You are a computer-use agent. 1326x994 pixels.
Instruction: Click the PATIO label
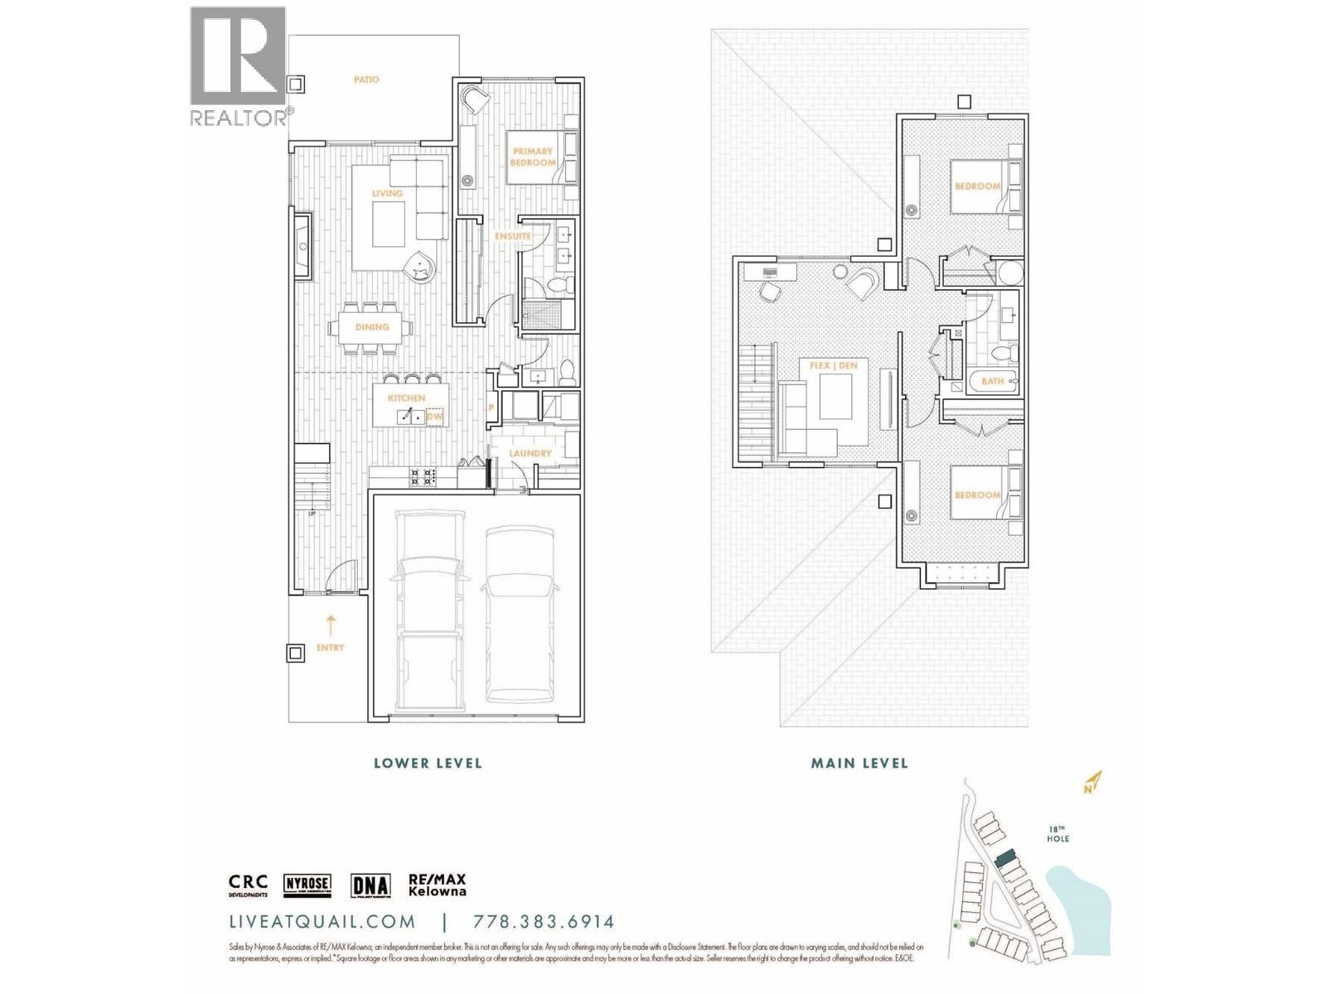[x=366, y=80]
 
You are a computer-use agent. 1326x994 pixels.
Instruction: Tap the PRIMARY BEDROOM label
[x=532, y=157]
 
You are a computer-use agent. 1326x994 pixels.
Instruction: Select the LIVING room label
[x=387, y=193]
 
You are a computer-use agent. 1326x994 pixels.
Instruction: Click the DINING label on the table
[x=372, y=327]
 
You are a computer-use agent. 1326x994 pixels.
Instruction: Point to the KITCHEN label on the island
[x=406, y=398]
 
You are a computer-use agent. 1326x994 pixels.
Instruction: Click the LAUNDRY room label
[x=530, y=453]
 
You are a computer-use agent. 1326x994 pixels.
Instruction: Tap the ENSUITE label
[x=513, y=236]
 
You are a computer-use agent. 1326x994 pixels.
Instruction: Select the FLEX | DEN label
[x=834, y=365]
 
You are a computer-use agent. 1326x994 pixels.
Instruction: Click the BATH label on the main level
[x=992, y=382]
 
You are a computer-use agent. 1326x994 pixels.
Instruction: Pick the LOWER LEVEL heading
[x=428, y=763]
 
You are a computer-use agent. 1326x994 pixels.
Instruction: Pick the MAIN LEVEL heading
[x=859, y=763]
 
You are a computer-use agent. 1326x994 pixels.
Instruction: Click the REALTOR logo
[x=240, y=66]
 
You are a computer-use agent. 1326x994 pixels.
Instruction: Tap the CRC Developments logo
[x=248, y=885]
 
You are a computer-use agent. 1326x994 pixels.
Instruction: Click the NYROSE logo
[x=307, y=885]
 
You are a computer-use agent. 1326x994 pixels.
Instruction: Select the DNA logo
[x=370, y=885]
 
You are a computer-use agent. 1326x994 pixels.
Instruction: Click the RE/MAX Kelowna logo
[x=438, y=885]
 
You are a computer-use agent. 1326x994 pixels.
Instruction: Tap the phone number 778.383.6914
[x=544, y=922]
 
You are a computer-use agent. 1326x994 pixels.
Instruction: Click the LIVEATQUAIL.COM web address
[x=322, y=922]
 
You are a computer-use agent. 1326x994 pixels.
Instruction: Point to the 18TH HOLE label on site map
[x=1057, y=833]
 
